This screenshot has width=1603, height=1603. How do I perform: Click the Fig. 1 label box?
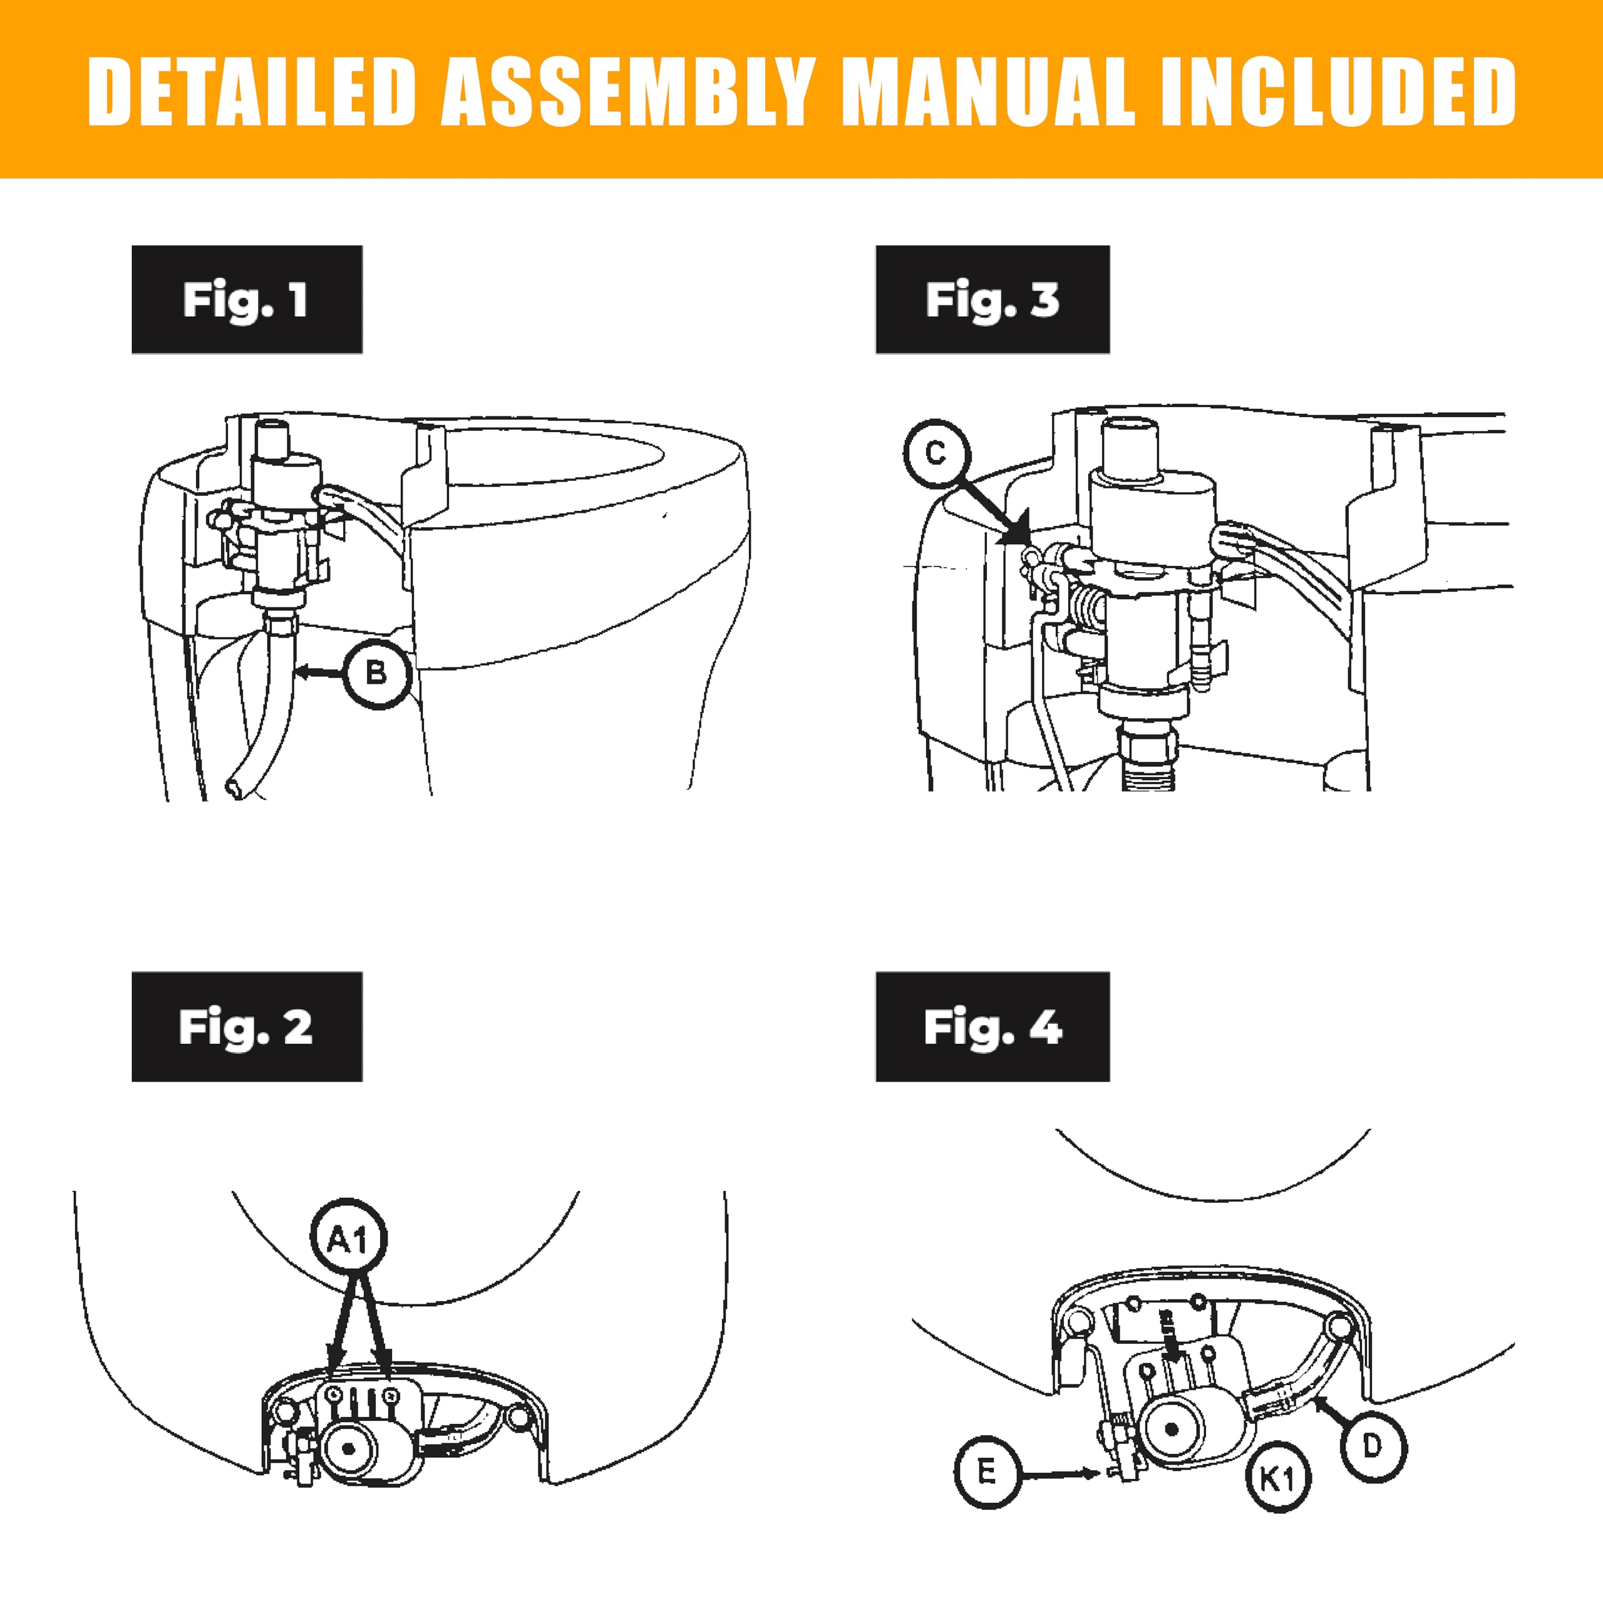click(247, 299)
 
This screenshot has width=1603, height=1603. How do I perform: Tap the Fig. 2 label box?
click(247, 1026)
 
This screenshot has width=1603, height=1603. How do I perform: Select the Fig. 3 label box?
click(992, 299)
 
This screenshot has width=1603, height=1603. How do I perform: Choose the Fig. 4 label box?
click(992, 1026)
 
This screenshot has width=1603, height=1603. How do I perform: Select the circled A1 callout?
click(348, 1240)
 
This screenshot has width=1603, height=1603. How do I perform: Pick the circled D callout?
click(1373, 1446)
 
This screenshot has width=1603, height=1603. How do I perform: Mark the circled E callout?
click(986, 1473)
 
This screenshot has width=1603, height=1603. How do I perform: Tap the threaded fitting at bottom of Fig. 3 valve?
click(1146, 759)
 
